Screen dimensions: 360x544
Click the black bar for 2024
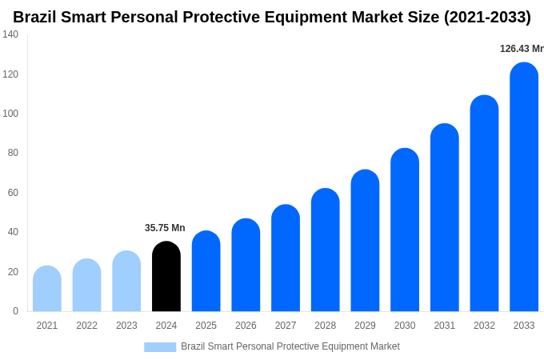[166, 277]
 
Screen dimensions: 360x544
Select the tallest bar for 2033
[524, 187]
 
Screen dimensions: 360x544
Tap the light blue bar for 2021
[47, 289]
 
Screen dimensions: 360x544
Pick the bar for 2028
[326, 250]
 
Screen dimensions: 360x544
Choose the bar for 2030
[405, 230]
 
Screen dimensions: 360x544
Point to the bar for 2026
[246, 266]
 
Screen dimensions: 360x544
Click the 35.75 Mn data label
[165, 228]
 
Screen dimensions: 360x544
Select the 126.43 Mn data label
[522, 49]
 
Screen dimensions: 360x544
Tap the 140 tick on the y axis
[10, 34]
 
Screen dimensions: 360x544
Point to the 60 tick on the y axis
[13, 193]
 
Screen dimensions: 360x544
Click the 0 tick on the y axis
[15, 311]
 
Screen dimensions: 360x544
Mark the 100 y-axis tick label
[10, 114]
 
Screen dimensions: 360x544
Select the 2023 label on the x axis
[126, 326]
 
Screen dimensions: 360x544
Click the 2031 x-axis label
[445, 326]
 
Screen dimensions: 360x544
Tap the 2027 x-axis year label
[286, 326]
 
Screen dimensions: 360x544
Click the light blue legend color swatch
[160, 347]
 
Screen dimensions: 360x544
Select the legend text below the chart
[290, 346]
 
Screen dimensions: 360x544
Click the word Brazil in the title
[37, 17]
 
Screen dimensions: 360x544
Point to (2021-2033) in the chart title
[487, 17]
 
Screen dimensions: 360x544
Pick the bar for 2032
[484, 203]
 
